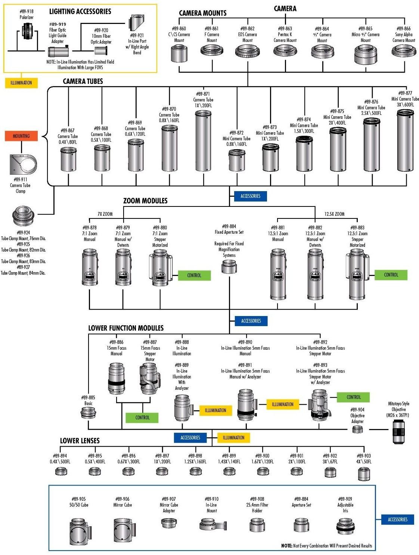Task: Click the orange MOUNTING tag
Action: [x=21, y=136]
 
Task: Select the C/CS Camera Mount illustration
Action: [x=179, y=53]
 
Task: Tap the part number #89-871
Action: [x=203, y=94]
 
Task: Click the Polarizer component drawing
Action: [x=27, y=31]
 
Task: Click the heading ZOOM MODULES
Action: [x=145, y=201]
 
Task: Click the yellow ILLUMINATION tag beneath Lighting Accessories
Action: [x=21, y=83]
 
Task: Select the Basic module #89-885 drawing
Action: [x=89, y=413]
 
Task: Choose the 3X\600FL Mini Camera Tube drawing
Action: [x=406, y=140]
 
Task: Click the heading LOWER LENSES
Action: [x=80, y=441]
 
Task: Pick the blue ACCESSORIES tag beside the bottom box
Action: [x=397, y=519]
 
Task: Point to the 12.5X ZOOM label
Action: [x=334, y=214]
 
